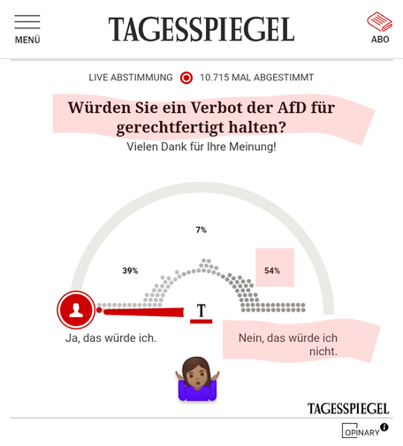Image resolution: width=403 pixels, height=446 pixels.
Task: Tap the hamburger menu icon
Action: coord(27,22)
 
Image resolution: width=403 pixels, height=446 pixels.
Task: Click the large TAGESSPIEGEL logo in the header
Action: coord(201,29)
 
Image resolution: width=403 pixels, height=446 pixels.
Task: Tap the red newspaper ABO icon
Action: coord(379,21)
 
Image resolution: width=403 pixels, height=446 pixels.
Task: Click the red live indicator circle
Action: coord(186,78)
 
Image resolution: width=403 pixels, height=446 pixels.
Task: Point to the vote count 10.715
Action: coord(214,78)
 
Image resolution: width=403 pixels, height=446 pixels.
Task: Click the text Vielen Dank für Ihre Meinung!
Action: coord(201,147)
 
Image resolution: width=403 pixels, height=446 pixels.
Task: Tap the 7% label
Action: coord(201,230)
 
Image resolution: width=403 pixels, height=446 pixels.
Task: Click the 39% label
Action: coord(130,270)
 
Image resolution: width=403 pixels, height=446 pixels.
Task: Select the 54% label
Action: coord(272,270)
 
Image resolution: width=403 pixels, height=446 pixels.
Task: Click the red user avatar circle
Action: coord(76,310)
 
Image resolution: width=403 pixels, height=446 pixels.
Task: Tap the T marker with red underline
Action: coord(201,314)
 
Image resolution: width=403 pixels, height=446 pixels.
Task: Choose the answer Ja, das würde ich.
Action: coord(110,338)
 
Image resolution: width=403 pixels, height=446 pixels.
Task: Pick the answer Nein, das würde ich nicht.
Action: coord(288,344)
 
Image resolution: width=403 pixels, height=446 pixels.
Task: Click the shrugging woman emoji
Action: coord(197,379)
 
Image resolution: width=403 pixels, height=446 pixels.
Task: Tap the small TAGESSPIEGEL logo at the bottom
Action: coord(348,409)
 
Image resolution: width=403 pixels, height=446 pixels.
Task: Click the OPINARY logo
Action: coord(361,431)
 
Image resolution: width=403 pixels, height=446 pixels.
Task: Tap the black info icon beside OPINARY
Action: coord(384,427)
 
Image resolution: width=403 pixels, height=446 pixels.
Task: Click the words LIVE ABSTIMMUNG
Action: coord(131,78)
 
